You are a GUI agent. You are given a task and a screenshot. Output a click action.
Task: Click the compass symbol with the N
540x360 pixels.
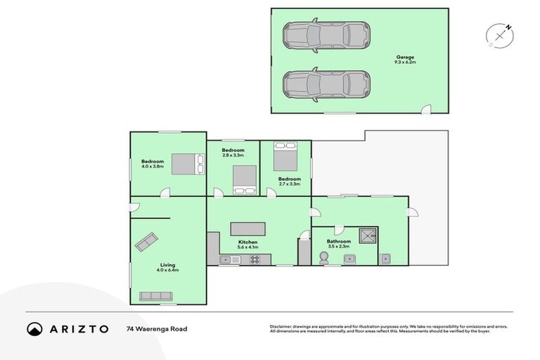(499, 36)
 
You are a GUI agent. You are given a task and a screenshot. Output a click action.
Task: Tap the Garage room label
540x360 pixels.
(404, 57)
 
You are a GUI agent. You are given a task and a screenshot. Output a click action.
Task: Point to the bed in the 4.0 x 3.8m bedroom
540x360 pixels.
(187, 164)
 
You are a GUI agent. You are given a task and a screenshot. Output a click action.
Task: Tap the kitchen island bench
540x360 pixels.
(247, 229)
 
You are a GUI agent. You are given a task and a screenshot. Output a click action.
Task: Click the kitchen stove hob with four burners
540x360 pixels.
(255, 260)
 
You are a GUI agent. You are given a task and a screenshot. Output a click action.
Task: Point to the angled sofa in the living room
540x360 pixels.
(147, 242)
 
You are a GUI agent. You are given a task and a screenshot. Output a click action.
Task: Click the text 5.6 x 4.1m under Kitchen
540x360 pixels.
(249, 247)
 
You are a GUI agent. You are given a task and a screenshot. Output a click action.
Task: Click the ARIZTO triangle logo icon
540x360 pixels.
(34, 328)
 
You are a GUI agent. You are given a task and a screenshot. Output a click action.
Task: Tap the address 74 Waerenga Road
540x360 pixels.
(157, 328)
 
